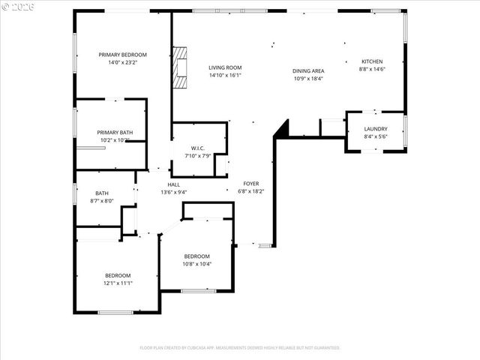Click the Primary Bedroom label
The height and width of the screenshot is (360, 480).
123,55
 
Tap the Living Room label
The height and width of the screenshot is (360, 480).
224,67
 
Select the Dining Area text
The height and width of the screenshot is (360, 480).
307,71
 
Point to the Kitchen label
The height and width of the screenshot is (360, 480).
372,61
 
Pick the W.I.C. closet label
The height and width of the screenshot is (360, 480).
198,148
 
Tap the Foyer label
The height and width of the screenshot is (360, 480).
251,184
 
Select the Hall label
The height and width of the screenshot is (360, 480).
173,184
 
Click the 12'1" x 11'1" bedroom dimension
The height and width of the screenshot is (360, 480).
118,283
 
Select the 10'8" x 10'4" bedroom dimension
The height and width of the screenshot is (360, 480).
197,263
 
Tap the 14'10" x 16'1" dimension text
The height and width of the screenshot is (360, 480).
224,75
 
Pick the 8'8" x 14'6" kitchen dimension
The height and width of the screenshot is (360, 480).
372,69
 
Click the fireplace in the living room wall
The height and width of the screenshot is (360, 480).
179,68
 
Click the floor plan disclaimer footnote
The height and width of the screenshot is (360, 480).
240,347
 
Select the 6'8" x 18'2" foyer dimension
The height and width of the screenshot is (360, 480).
251,191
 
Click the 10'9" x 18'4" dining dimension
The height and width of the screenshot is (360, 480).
307,79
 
